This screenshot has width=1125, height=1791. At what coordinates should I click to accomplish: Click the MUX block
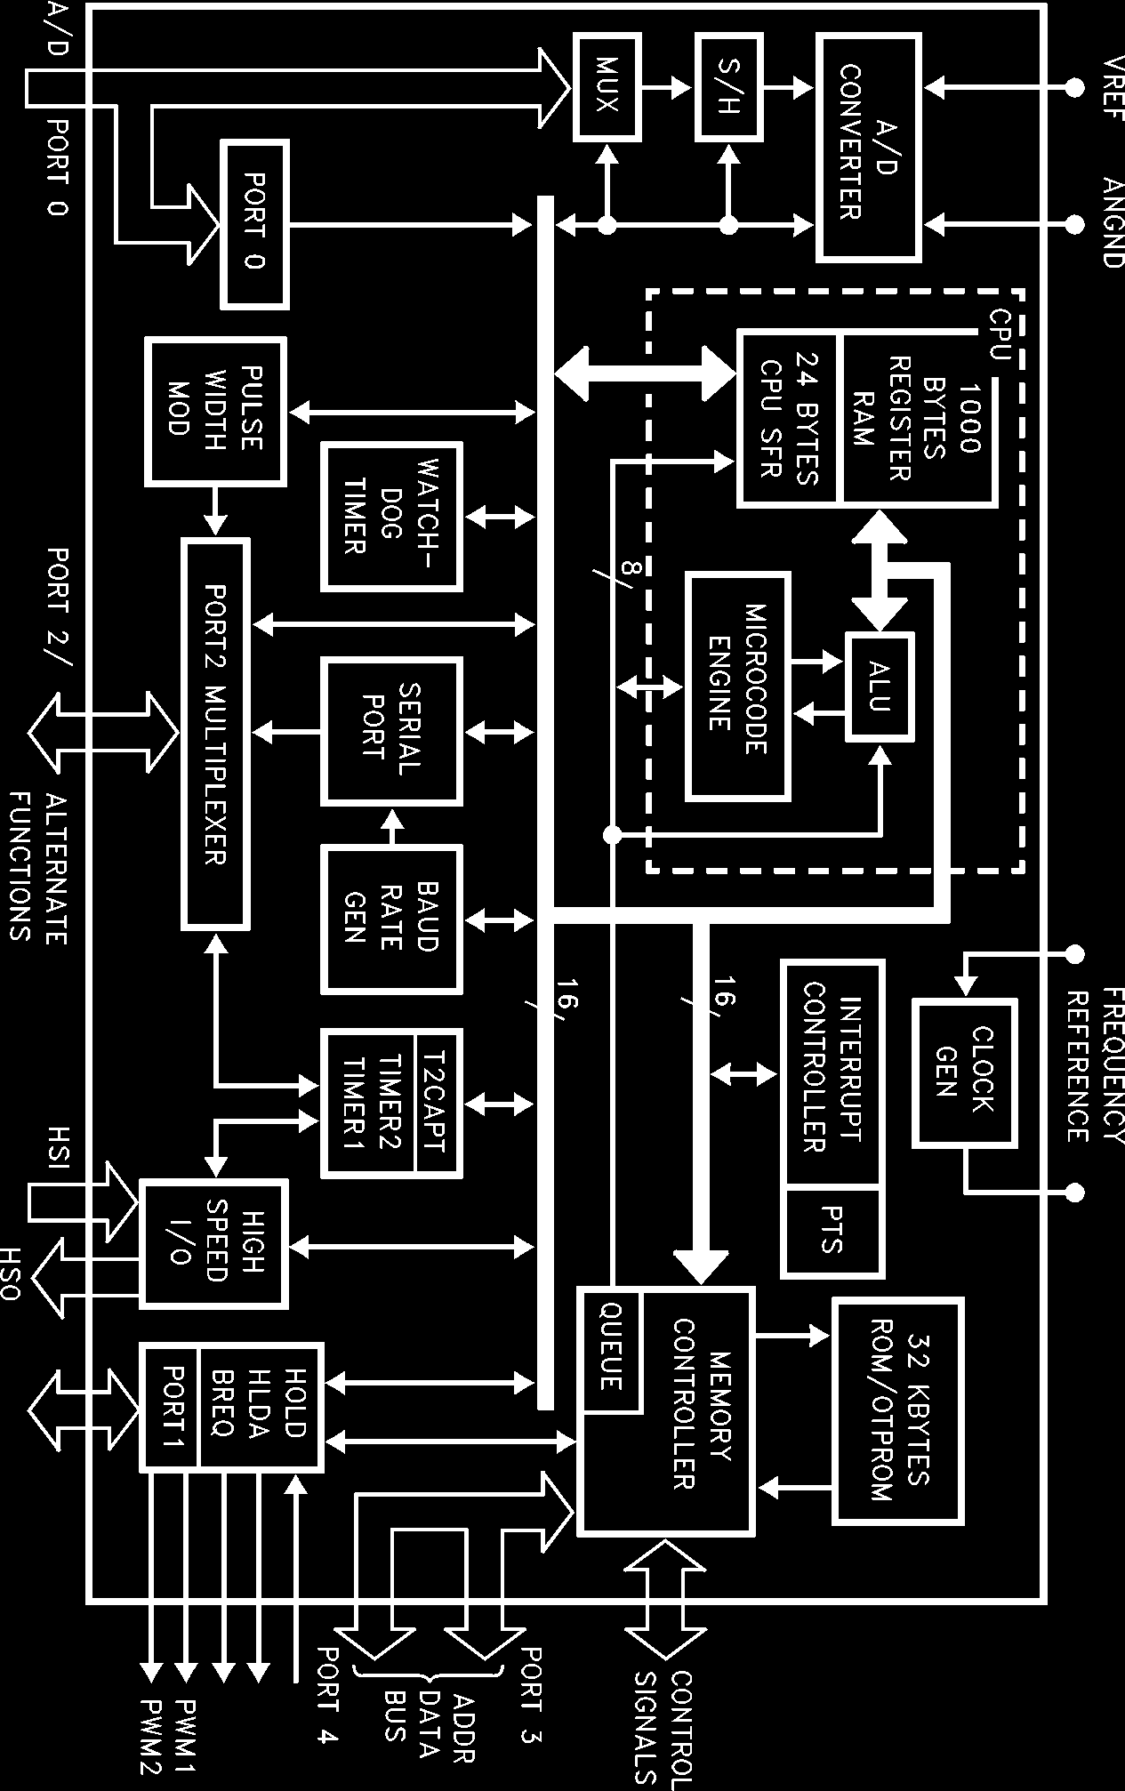607,86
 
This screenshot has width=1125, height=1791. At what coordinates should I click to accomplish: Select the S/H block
728,86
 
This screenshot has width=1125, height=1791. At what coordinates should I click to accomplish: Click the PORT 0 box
255,224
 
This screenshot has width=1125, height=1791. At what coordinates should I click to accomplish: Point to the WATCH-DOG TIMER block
391,517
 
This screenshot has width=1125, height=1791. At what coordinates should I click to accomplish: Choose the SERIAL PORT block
391,731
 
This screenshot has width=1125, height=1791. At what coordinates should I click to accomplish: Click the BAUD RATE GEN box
391,918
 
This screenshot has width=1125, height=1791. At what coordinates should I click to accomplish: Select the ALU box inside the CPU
880,687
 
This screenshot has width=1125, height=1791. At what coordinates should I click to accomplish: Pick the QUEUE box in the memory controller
610,1348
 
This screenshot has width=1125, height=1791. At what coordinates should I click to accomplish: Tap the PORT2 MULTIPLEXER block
215,735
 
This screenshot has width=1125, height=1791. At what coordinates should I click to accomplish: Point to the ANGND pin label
1112,222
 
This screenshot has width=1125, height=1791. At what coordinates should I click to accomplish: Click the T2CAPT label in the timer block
438,1103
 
